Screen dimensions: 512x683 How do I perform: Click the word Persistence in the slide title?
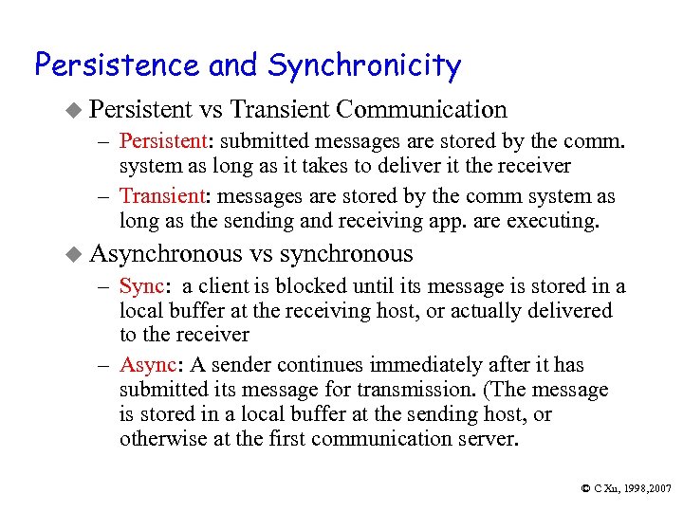(117, 65)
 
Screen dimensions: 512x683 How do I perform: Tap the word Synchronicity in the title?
(364, 67)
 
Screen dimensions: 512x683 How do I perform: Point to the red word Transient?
(160, 197)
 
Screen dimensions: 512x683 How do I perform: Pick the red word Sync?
(140, 287)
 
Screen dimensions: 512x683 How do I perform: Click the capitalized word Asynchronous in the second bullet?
(166, 254)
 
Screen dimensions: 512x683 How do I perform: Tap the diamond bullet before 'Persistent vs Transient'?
(78, 111)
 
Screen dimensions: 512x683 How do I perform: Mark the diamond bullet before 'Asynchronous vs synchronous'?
(78, 254)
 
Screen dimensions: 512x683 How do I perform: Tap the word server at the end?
(490, 439)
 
